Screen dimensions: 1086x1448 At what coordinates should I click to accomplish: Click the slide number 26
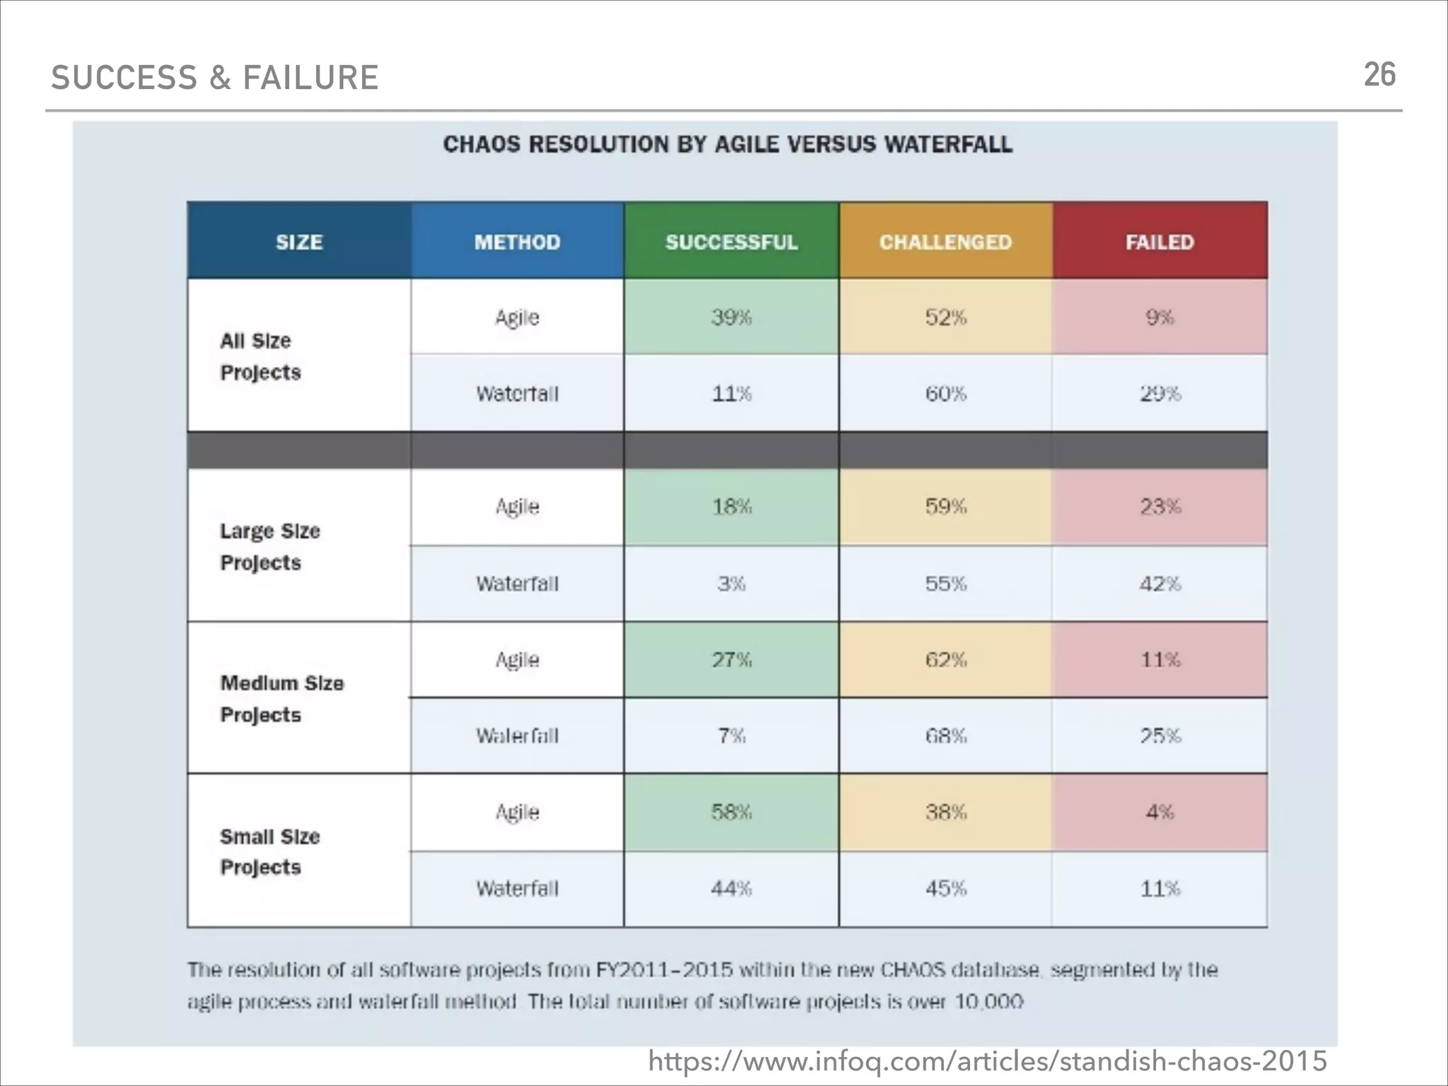click(1379, 75)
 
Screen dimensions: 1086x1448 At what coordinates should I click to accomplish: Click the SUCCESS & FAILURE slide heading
click(215, 78)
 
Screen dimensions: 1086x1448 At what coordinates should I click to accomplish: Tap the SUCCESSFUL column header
click(731, 242)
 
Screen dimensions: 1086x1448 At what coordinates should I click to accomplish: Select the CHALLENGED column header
click(945, 242)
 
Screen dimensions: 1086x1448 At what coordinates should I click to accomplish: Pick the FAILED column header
click(1160, 242)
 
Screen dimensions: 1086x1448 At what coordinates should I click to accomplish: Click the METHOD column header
click(517, 242)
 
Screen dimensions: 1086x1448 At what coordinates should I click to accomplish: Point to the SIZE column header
click(299, 242)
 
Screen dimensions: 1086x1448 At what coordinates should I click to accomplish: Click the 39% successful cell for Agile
click(731, 317)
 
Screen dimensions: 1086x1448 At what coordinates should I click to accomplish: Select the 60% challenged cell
click(945, 393)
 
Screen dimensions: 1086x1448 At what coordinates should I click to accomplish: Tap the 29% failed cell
click(1160, 393)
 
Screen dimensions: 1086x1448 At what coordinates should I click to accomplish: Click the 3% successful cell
click(731, 584)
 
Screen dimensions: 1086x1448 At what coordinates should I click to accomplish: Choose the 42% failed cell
click(1160, 584)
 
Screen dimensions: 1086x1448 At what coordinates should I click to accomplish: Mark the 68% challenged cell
click(945, 736)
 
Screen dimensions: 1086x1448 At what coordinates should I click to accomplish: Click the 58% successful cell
click(731, 812)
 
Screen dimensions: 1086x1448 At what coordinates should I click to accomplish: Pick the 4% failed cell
click(1160, 812)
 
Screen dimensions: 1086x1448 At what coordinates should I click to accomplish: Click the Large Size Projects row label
click(269, 547)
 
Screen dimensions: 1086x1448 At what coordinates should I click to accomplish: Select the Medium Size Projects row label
click(281, 699)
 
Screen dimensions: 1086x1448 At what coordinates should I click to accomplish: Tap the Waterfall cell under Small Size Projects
click(517, 888)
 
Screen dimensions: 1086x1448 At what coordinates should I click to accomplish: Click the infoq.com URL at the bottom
click(987, 1061)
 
